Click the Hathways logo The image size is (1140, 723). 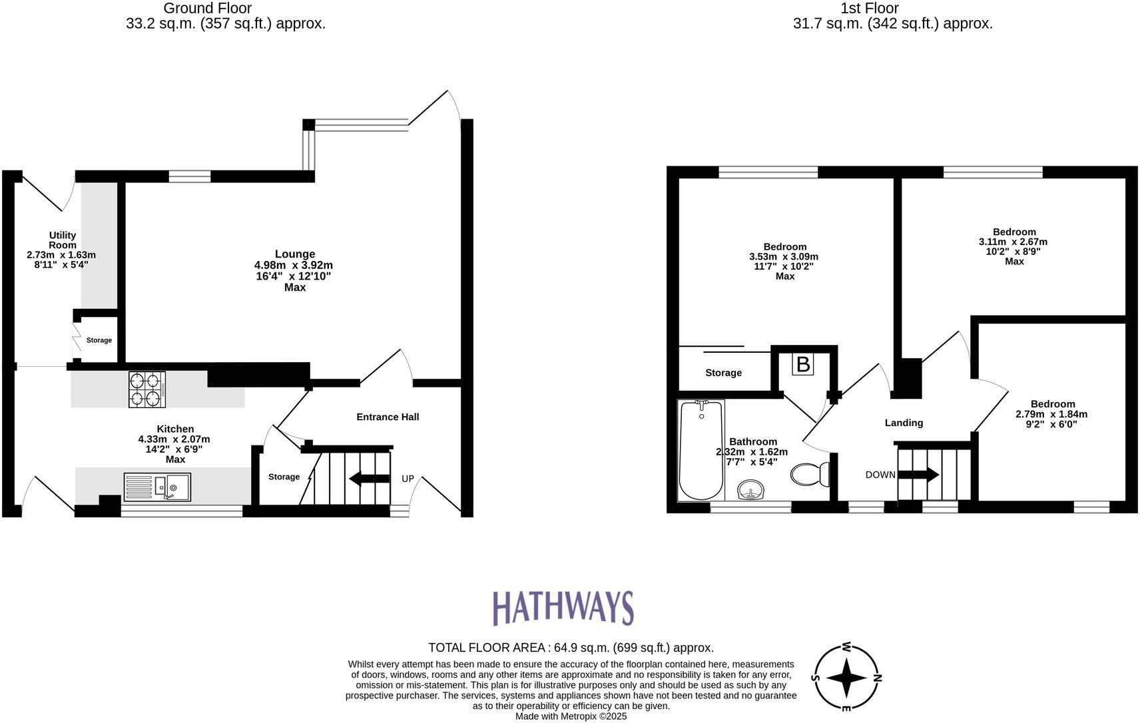(563, 607)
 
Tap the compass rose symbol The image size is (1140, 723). (846, 678)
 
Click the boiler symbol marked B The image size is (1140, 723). (803, 364)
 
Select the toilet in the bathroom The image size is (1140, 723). (810, 474)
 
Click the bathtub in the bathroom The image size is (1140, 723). (701, 450)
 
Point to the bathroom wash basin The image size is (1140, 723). (752, 491)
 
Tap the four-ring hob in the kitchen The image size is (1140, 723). (147, 389)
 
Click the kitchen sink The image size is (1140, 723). (157, 487)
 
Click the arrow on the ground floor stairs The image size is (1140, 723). (369, 478)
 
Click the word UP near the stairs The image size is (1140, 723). (408, 479)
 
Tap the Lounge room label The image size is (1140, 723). (295, 254)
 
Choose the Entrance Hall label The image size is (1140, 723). (388, 417)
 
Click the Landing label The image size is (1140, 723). (904, 423)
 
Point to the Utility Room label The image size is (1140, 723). (62, 240)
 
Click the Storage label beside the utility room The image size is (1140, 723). (99, 340)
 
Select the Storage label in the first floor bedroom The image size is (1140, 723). (723, 373)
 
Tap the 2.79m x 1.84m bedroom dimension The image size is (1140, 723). (1051, 414)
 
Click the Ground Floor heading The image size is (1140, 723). (207, 8)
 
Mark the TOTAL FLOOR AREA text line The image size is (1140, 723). (571, 647)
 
